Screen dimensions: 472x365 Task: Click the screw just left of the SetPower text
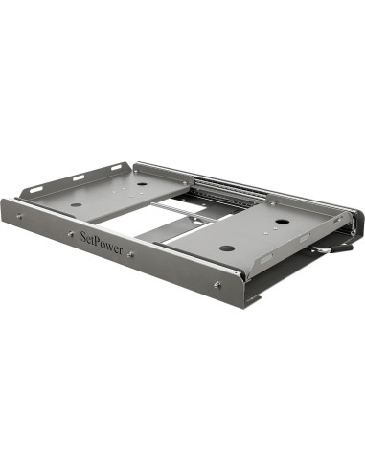click(x=69, y=231)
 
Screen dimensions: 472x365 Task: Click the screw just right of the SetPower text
click(x=131, y=254)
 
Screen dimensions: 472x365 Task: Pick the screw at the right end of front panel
click(x=218, y=284)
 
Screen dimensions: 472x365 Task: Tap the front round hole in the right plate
click(x=226, y=248)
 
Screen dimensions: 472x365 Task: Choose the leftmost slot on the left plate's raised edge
click(x=36, y=189)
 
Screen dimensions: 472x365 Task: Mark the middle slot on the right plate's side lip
click(x=304, y=237)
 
